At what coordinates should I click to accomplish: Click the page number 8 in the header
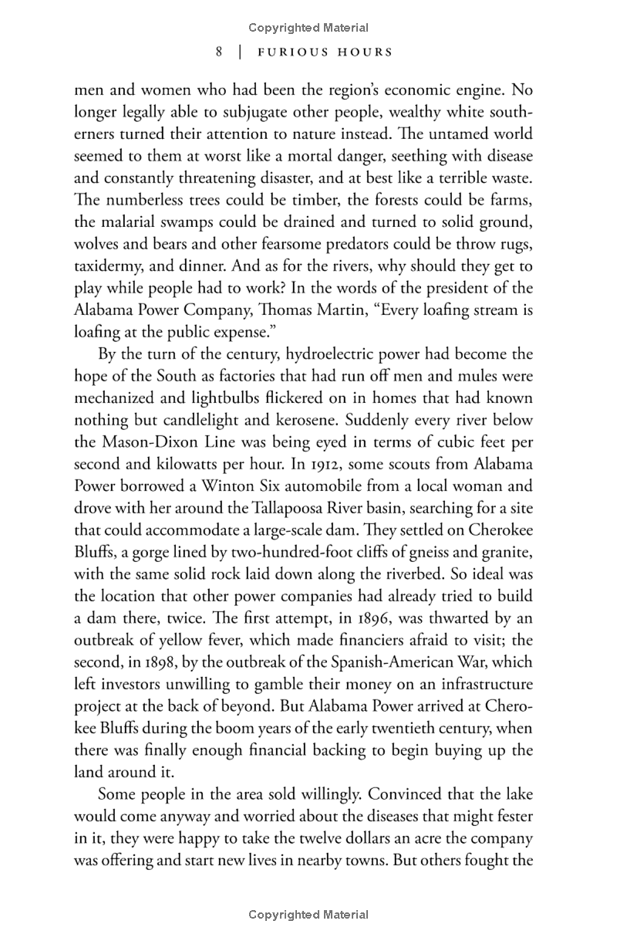(220, 52)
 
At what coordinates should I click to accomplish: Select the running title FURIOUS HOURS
(325, 52)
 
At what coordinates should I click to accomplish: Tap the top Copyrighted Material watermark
(308, 28)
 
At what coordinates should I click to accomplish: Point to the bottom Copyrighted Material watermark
(308, 915)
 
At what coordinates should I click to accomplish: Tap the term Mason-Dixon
(156, 443)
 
